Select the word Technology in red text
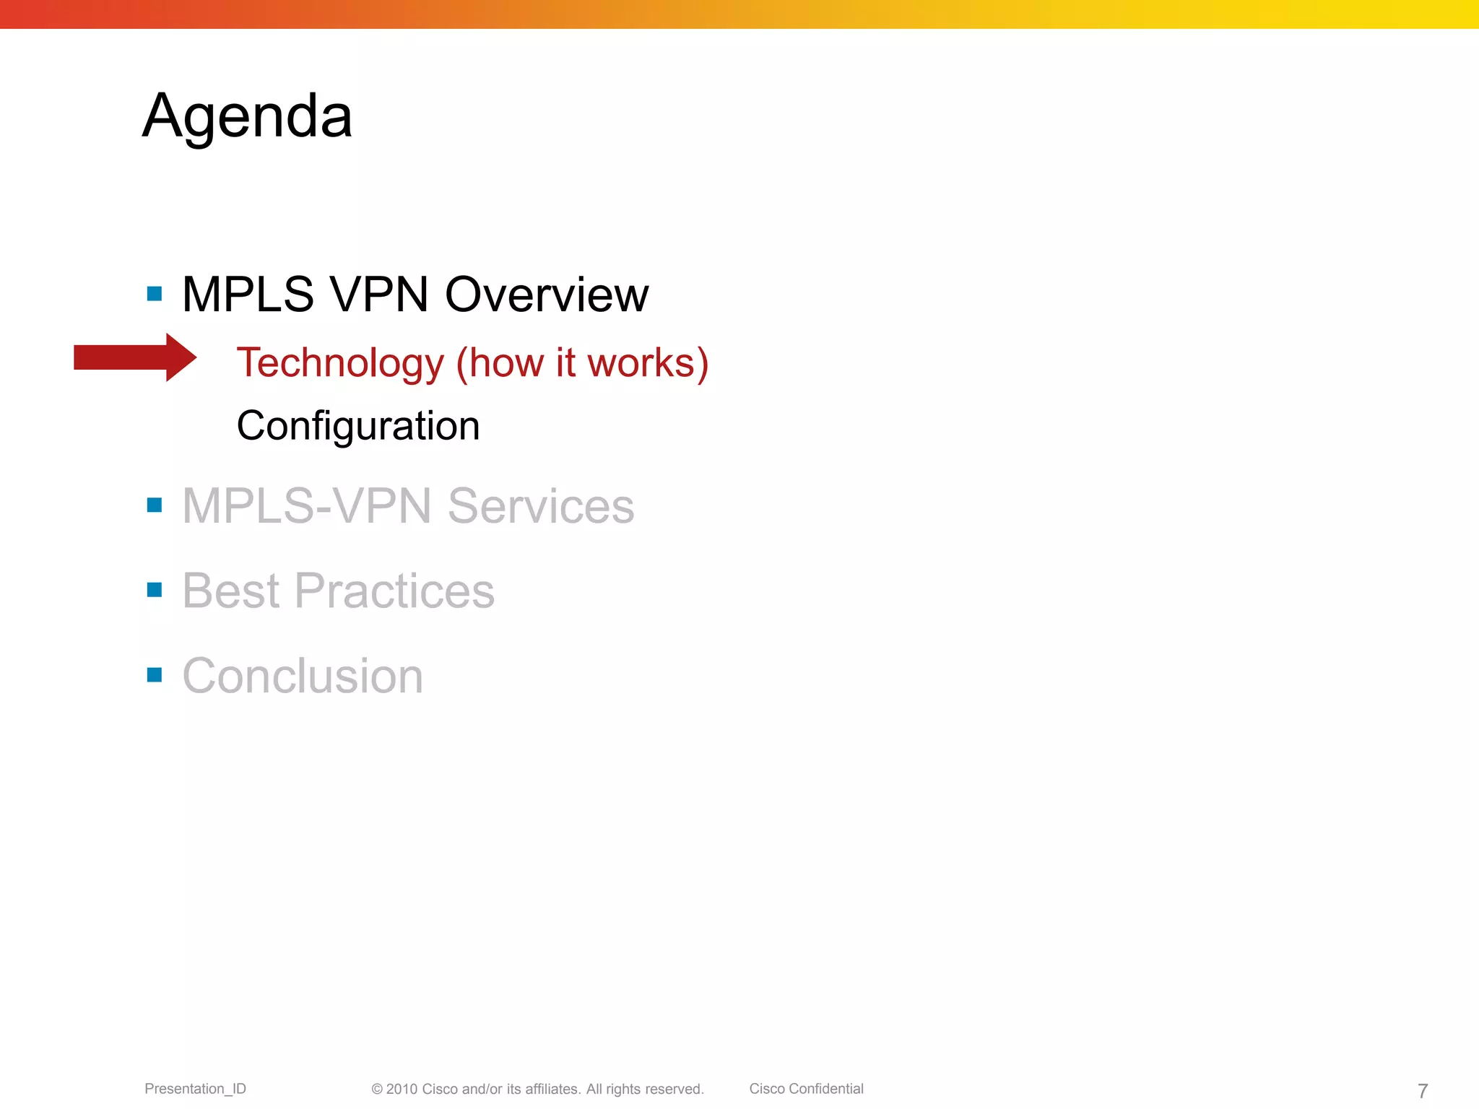point(339,363)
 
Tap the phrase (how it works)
point(582,363)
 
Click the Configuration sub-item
point(358,426)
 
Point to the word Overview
point(547,295)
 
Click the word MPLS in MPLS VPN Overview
point(248,295)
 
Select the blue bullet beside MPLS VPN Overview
point(155,294)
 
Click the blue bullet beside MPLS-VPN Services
point(155,505)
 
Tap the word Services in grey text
point(541,506)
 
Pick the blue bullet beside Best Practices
point(155,590)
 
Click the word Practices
point(394,591)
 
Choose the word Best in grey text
point(230,591)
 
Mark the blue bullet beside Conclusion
point(155,675)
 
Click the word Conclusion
point(303,677)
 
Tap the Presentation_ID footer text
point(195,1089)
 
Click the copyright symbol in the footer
point(377,1090)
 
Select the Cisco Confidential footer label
point(806,1089)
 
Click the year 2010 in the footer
point(402,1090)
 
